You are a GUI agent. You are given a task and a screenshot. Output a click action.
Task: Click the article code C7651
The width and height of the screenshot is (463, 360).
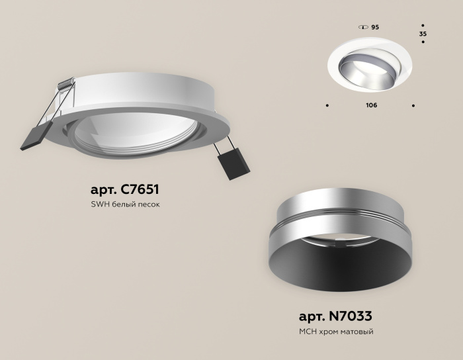pyautogui.click(x=136, y=188)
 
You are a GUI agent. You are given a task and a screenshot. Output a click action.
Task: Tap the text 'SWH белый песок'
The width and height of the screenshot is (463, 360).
pyautogui.click(x=126, y=204)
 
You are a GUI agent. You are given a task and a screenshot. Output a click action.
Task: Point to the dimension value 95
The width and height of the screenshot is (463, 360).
pyautogui.click(x=375, y=27)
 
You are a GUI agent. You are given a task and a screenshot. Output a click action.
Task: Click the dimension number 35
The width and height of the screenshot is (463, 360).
pyautogui.click(x=423, y=33)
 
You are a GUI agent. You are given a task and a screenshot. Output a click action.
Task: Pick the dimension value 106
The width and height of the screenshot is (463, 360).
pyautogui.click(x=371, y=105)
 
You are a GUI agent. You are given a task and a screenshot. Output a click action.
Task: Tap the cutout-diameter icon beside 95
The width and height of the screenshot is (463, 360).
pyautogui.click(x=362, y=27)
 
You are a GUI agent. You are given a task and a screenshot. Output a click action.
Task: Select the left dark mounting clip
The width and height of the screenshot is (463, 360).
pyautogui.click(x=32, y=137)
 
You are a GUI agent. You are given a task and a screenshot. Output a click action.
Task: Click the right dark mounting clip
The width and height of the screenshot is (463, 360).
pyautogui.click(x=233, y=162)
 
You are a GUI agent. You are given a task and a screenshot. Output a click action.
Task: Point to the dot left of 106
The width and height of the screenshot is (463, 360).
pyautogui.click(x=328, y=105)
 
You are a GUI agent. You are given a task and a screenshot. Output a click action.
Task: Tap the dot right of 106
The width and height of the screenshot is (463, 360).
pyautogui.click(x=413, y=105)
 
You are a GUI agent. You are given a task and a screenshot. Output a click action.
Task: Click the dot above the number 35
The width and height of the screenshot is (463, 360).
pyautogui.click(x=423, y=25)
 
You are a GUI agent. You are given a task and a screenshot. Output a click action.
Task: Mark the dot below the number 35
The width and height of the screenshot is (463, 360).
pyautogui.click(x=423, y=42)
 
